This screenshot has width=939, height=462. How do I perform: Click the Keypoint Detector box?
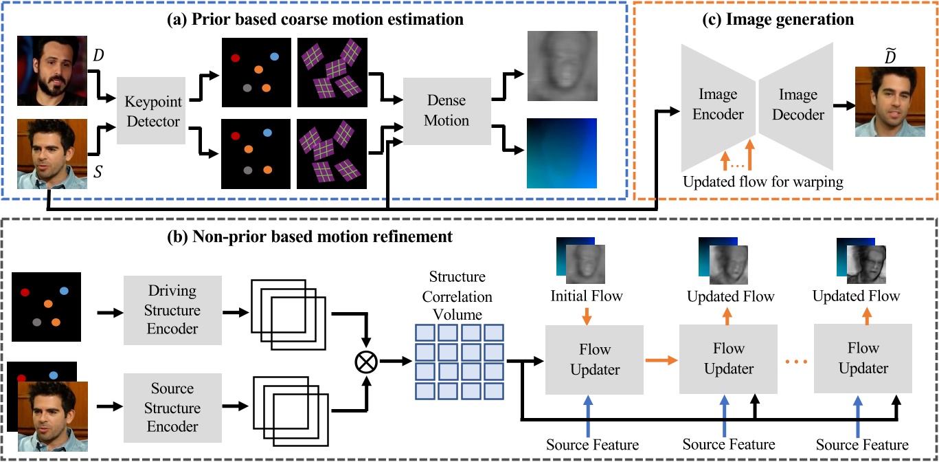pyautogui.click(x=151, y=111)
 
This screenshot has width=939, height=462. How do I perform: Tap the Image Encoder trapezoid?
pyautogui.click(x=717, y=107)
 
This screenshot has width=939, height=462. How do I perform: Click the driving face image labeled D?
pyautogui.click(x=52, y=72)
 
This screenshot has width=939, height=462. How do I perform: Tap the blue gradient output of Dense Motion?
pyautogui.click(x=561, y=153)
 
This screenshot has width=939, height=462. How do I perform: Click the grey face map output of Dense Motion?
pyautogui.click(x=561, y=67)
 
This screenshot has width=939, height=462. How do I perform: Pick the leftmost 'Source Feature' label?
pyautogui.click(x=592, y=444)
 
